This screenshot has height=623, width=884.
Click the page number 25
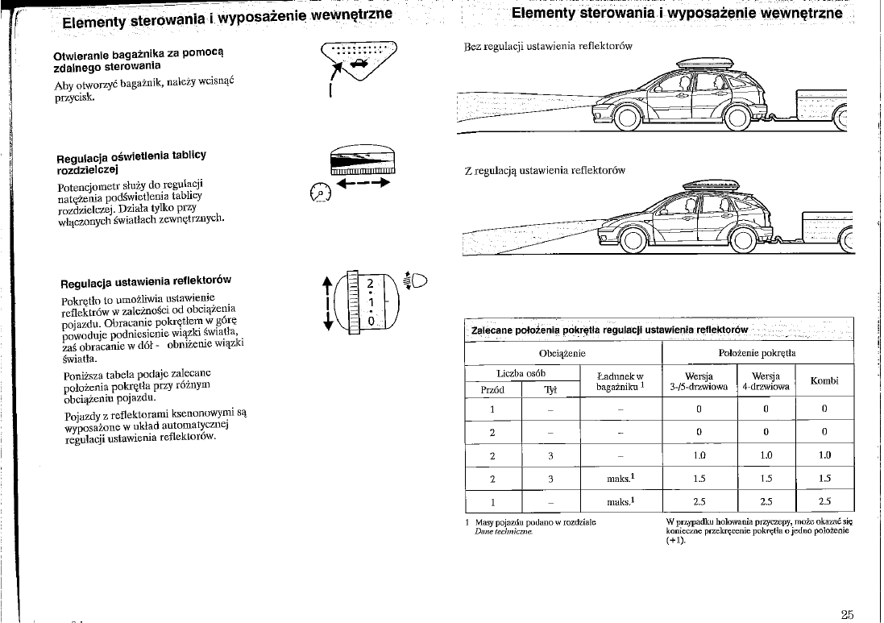846,614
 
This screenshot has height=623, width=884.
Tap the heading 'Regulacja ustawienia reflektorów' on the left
147,282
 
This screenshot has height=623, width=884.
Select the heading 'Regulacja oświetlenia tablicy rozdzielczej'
131,163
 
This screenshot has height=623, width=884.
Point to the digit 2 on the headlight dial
369,283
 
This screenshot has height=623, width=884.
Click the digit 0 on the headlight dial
369,321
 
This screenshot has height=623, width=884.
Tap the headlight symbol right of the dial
420,282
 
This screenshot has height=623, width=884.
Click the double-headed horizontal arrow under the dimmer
363,183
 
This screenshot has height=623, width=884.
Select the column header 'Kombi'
825,381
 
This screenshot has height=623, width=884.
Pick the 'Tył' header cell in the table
551,391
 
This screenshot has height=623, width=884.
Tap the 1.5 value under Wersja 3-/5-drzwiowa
699,477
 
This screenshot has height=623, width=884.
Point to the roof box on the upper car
704,63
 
